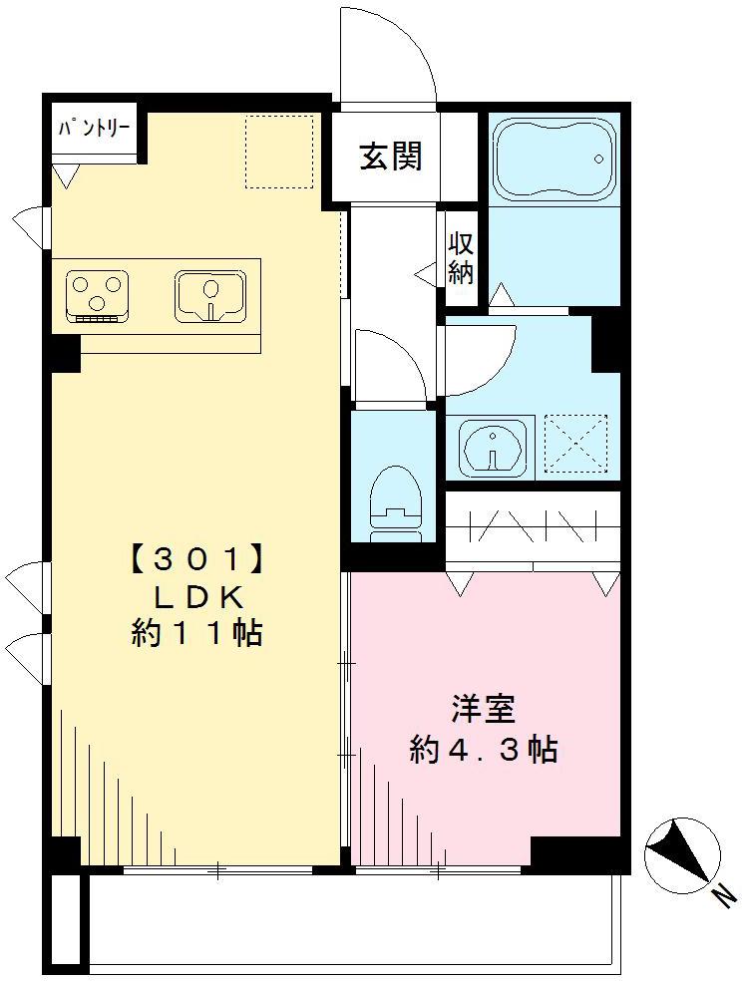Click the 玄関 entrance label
tap(391, 156)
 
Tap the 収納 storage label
tap(460, 259)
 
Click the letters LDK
tap(196, 596)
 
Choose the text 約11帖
tap(196, 633)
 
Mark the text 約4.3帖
tap(483, 750)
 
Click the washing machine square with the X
tap(578, 445)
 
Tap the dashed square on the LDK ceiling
tap(280, 151)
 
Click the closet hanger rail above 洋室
tap(533, 523)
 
